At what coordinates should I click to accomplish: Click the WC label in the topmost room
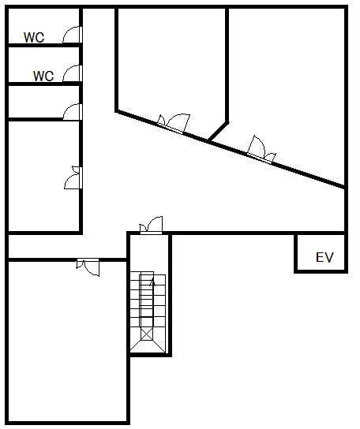(x=34, y=38)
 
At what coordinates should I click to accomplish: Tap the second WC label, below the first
(x=43, y=76)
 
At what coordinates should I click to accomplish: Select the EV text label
(x=324, y=257)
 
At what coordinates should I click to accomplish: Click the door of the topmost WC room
(x=73, y=35)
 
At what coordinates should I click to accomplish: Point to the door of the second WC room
(x=73, y=73)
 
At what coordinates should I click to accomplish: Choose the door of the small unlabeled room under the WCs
(x=73, y=112)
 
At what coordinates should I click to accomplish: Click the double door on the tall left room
(x=73, y=177)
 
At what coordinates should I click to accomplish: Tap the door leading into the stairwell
(x=152, y=226)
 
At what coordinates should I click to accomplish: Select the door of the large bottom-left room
(x=88, y=267)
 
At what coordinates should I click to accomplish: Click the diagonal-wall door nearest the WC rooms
(x=174, y=125)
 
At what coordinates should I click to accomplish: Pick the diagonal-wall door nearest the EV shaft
(x=261, y=151)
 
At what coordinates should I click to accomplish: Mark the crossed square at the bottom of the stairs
(x=147, y=334)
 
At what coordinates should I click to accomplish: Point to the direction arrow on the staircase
(x=152, y=282)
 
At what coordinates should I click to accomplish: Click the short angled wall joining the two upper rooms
(x=218, y=132)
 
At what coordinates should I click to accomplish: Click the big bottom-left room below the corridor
(x=67, y=342)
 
